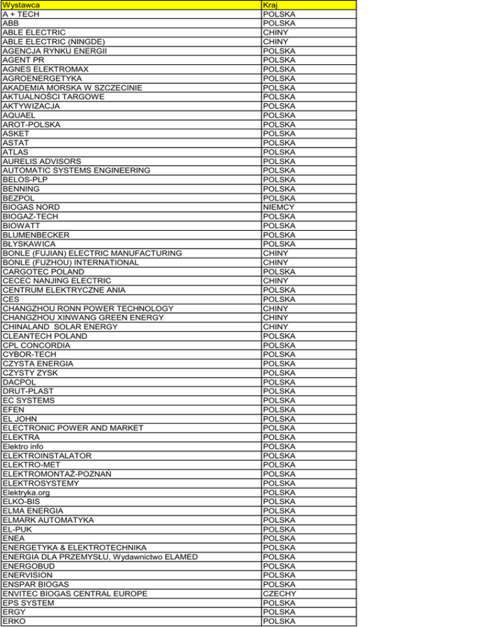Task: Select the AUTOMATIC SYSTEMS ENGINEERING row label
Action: click(x=76, y=170)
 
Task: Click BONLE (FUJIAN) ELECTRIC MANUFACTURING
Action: click(x=92, y=253)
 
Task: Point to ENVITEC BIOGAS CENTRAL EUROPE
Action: click(x=75, y=594)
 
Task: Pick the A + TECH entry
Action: click(x=19, y=14)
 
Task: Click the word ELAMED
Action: click(x=180, y=556)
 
